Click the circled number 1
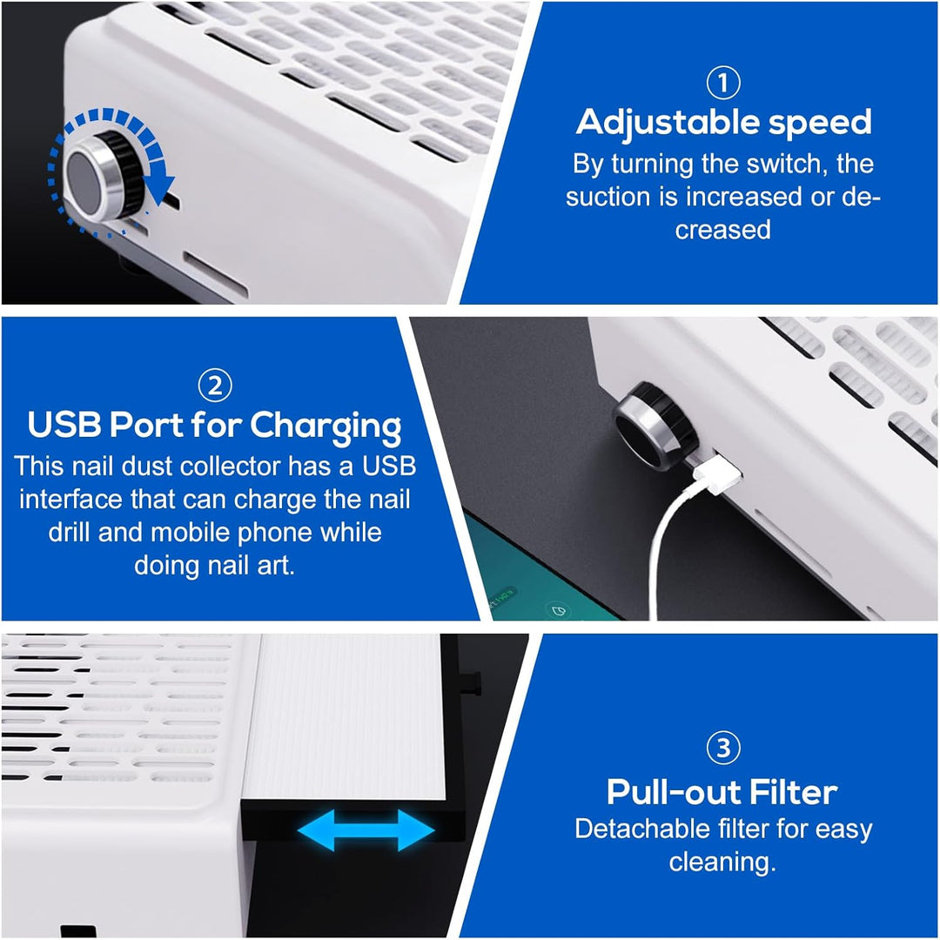pos(723,83)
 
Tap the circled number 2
pos(215,386)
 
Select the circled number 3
pos(723,748)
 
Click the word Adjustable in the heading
pos(668,124)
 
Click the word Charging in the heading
pos(326,426)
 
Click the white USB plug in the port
pos(717,473)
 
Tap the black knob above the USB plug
pos(655,426)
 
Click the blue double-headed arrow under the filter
pos(366,830)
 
